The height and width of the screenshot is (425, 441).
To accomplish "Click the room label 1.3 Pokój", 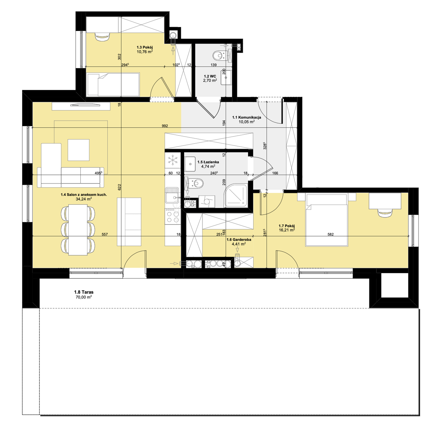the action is pyautogui.click(x=145, y=47).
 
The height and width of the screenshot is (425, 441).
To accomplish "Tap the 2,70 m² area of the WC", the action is pyautogui.click(x=210, y=80).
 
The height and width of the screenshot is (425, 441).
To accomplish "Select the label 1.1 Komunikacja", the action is pyautogui.click(x=247, y=117).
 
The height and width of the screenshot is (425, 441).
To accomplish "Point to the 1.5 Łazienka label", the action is pyautogui.click(x=208, y=162).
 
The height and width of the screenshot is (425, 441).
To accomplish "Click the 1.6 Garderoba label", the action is pyautogui.click(x=239, y=240).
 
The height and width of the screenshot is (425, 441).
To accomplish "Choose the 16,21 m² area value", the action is pyautogui.click(x=287, y=230).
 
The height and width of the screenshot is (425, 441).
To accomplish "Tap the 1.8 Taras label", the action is pyautogui.click(x=84, y=292).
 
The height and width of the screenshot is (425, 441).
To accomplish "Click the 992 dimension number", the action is pyautogui.click(x=165, y=126).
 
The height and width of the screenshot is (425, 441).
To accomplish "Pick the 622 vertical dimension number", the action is pyautogui.click(x=119, y=187).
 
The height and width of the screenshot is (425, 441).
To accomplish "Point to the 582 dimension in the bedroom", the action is pyautogui.click(x=331, y=234).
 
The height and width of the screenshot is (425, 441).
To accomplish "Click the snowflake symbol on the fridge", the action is pyautogui.click(x=172, y=160).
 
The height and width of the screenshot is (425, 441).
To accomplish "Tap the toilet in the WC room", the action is pyautogui.click(x=219, y=55).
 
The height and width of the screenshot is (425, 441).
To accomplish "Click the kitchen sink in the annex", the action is pyautogui.click(x=172, y=195).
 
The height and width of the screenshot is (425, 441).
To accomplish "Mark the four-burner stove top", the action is pyautogui.click(x=172, y=216).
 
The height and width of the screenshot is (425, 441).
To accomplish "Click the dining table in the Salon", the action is pyautogui.click(x=78, y=230).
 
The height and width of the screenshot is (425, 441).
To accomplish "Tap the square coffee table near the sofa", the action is pyautogui.click(x=78, y=150).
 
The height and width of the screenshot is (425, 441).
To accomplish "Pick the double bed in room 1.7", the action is pyautogui.click(x=326, y=220).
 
